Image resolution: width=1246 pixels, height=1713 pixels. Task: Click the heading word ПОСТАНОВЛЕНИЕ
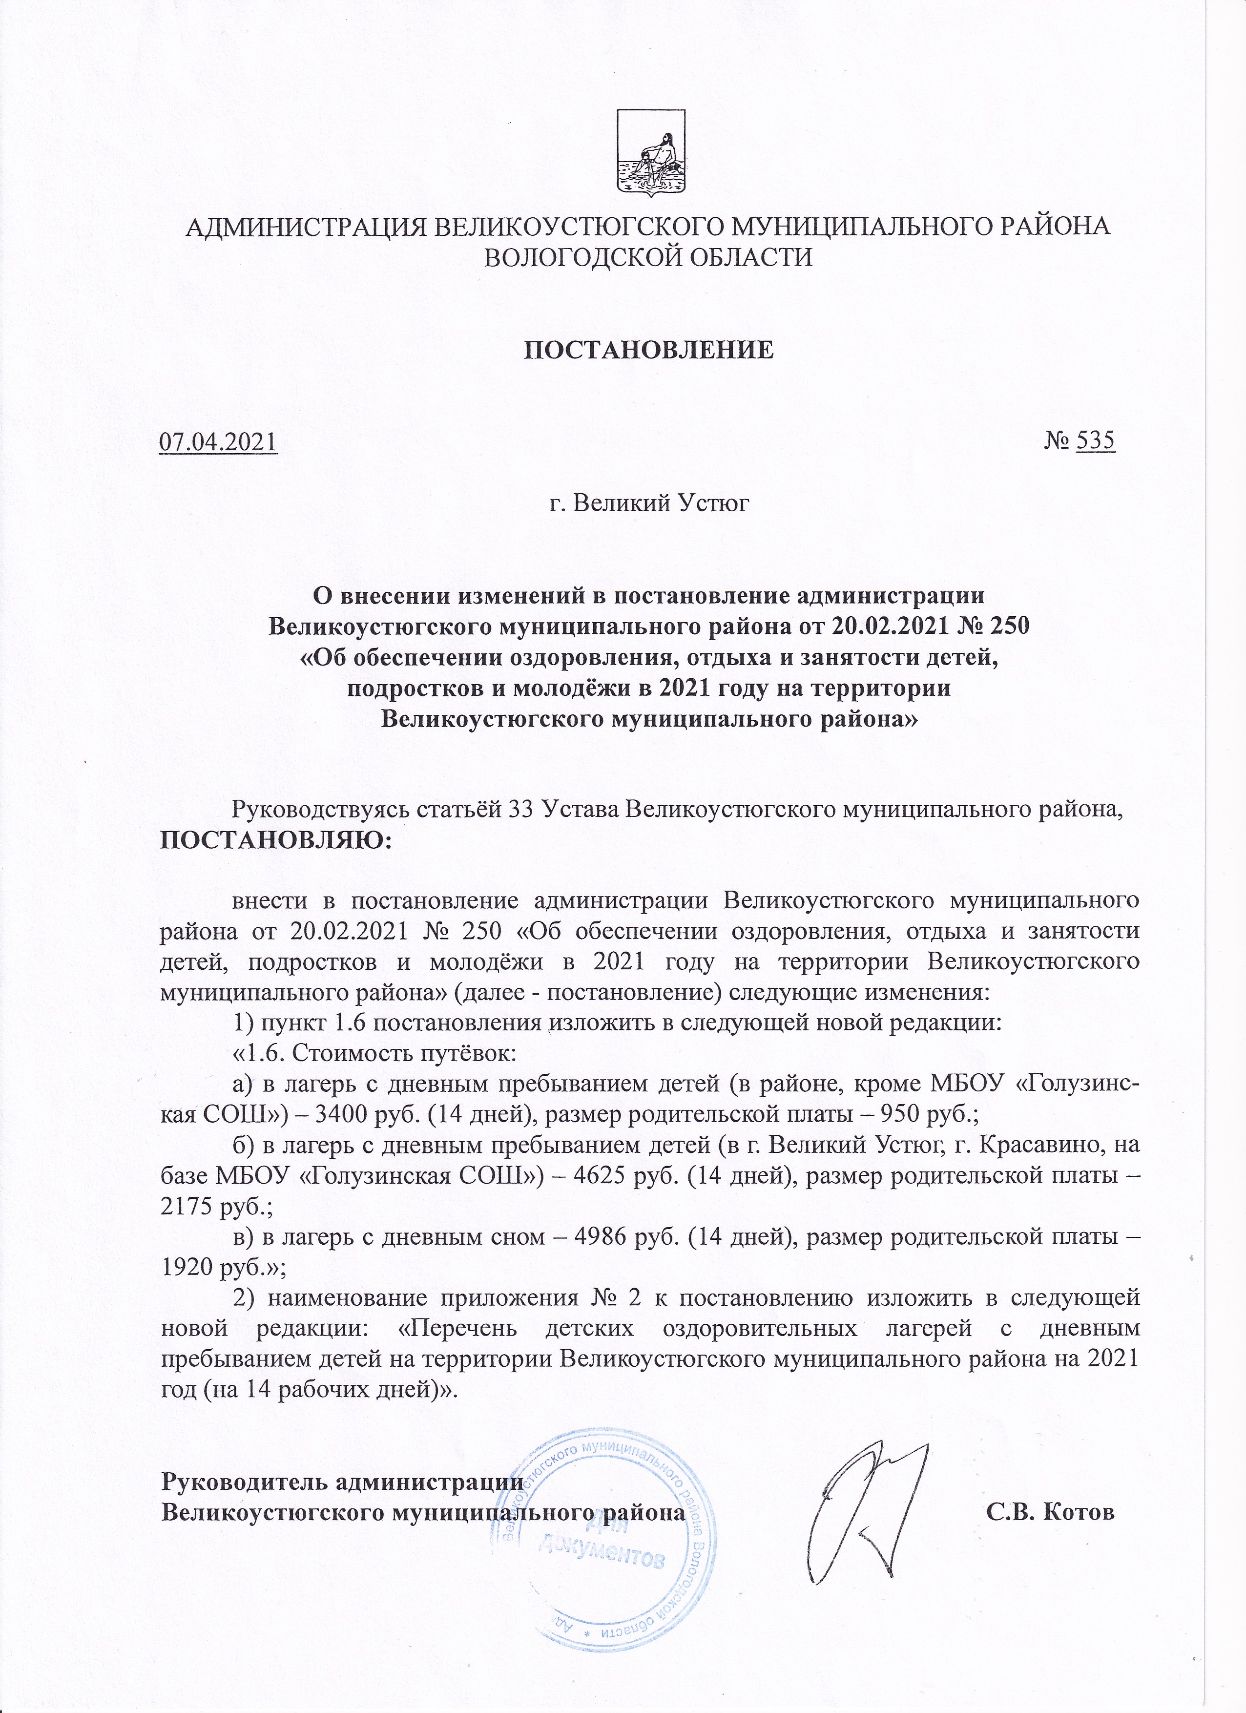pyautogui.click(x=649, y=350)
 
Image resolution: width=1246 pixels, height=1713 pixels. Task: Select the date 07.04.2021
pyautogui.click(x=218, y=441)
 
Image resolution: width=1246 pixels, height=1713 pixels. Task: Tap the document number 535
pyautogui.click(x=1095, y=440)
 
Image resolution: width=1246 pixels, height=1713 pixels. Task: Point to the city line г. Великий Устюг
pyautogui.click(x=649, y=501)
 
